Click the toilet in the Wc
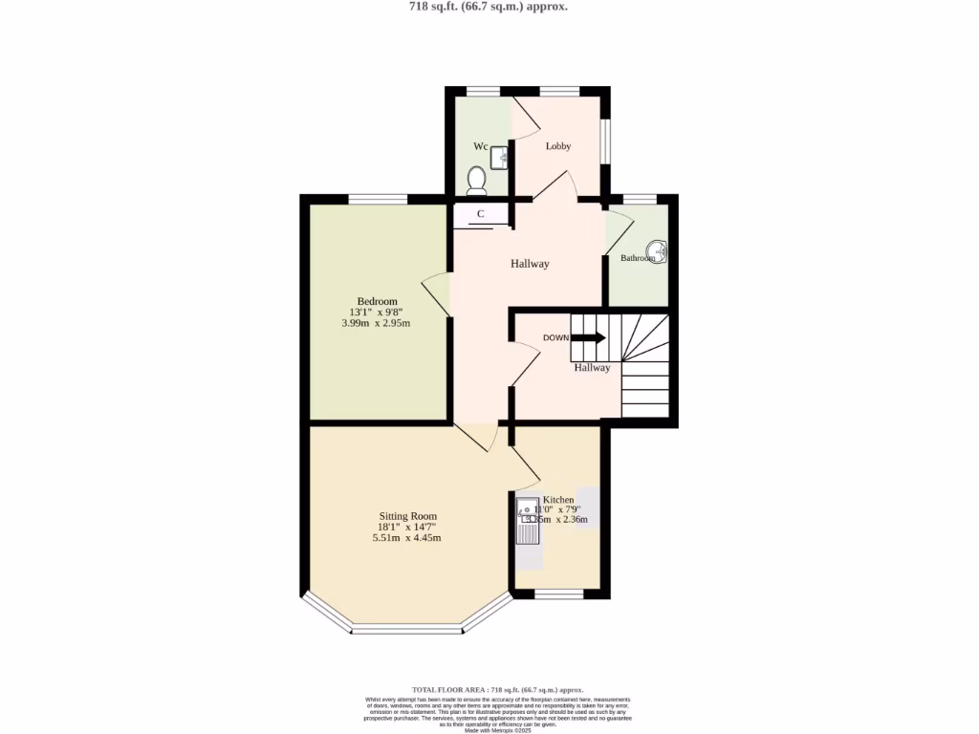pyautogui.click(x=476, y=179)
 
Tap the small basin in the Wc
pyautogui.click(x=497, y=158)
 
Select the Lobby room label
pyautogui.click(x=558, y=146)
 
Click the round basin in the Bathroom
pyautogui.click(x=659, y=253)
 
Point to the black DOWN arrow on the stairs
pyautogui.click(x=588, y=337)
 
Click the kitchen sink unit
pyautogui.click(x=528, y=521)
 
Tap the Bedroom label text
pyautogui.click(x=377, y=301)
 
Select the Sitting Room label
pyautogui.click(x=407, y=516)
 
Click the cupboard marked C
pyautogui.click(x=481, y=215)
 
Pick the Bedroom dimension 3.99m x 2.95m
pyautogui.click(x=376, y=323)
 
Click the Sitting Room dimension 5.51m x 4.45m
pyautogui.click(x=407, y=538)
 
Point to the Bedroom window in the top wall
pyautogui.click(x=378, y=199)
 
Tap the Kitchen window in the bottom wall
pyautogui.click(x=558, y=594)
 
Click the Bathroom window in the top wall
pyautogui.click(x=640, y=199)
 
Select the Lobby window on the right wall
pyautogui.click(x=605, y=140)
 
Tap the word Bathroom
pyautogui.click(x=638, y=258)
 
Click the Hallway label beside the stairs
pyautogui.click(x=592, y=368)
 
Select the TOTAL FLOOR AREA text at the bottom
pyautogui.click(x=497, y=689)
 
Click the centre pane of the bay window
pyautogui.click(x=406, y=630)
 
